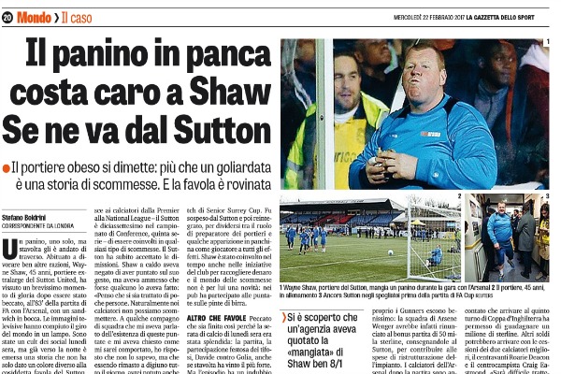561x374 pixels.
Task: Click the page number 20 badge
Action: pos(8,17)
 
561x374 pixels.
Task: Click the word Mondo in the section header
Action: pos(36,17)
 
